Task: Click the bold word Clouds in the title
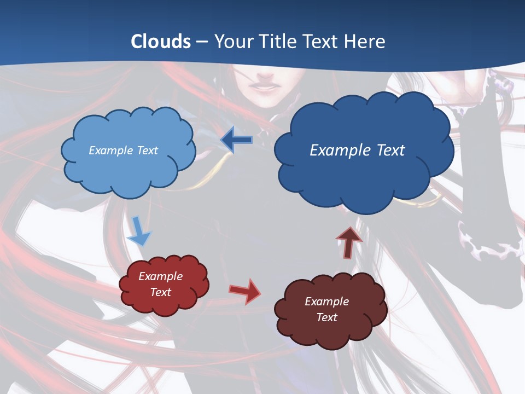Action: tap(160, 42)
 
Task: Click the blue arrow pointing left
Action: tap(236, 140)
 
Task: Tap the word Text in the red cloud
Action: tap(160, 292)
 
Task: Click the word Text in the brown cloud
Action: tap(326, 317)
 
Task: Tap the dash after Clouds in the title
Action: tap(202, 42)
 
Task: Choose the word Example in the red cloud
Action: tap(160, 276)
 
